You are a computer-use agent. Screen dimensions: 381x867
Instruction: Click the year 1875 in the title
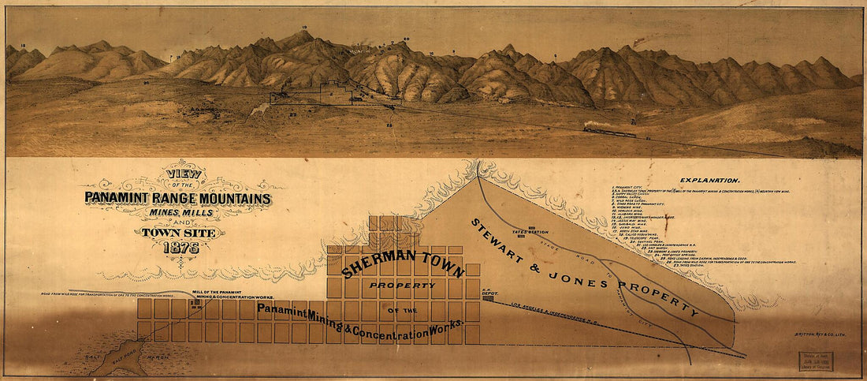click(x=180, y=247)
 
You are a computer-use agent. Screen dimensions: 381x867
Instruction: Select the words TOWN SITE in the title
click(x=180, y=232)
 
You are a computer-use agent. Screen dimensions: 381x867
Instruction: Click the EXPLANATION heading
click(x=709, y=181)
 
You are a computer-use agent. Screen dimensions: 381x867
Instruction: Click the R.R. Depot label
click(x=487, y=290)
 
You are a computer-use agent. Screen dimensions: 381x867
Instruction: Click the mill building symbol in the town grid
click(x=195, y=302)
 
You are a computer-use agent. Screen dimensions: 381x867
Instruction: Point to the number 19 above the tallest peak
click(x=304, y=28)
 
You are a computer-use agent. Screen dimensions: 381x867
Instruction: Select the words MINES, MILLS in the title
click(x=180, y=211)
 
